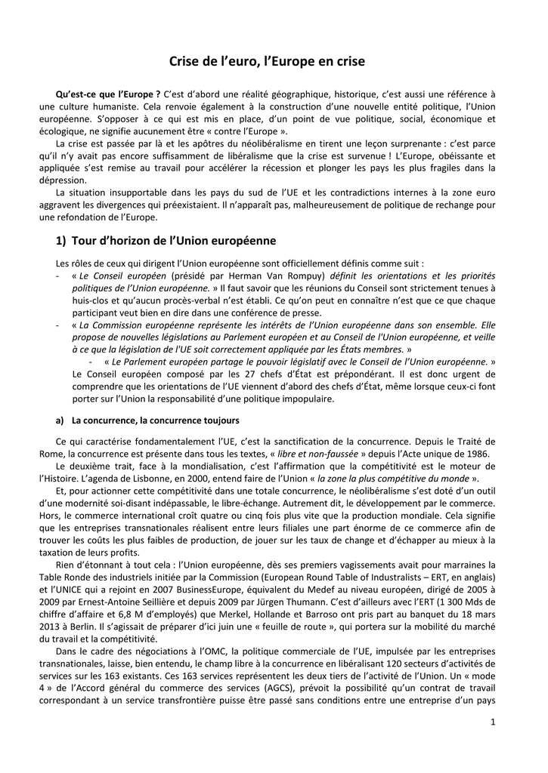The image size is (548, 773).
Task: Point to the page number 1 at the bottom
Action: click(492, 722)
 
